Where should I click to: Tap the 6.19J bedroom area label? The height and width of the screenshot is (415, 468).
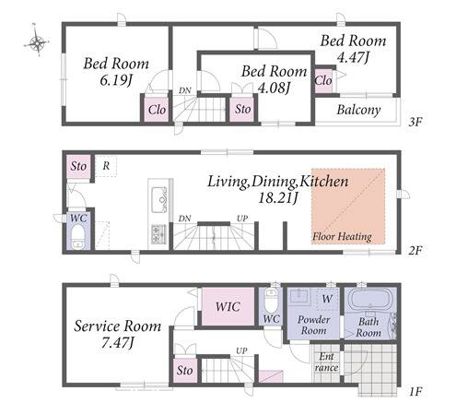[x=116, y=80]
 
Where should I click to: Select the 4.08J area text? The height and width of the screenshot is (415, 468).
[x=274, y=88]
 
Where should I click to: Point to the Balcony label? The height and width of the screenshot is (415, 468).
[x=358, y=110]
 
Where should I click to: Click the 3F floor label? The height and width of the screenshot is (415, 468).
[x=415, y=122]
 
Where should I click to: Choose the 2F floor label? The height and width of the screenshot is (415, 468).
[x=415, y=251]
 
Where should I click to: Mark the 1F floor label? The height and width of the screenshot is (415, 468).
[x=415, y=392]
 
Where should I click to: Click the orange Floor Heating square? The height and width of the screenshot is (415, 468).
[x=348, y=206]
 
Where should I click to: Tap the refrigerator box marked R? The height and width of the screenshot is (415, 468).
[x=106, y=166]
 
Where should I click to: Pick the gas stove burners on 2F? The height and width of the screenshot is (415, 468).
[x=158, y=234]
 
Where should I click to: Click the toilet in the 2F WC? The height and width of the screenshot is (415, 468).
[x=78, y=237]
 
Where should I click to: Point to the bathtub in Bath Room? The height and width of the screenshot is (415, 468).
[x=370, y=299]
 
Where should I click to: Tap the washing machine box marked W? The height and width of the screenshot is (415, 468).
[x=327, y=299]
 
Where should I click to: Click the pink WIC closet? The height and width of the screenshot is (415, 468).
[x=228, y=306]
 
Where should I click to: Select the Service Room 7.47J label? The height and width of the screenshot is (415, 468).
[x=117, y=334]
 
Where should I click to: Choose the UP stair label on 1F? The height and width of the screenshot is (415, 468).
[x=241, y=350]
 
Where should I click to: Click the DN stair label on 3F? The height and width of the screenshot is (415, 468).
[x=185, y=90]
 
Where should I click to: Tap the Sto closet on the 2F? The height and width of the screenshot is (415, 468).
[x=78, y=166]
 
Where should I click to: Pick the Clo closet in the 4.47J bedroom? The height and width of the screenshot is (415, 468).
[x=323, y=80]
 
